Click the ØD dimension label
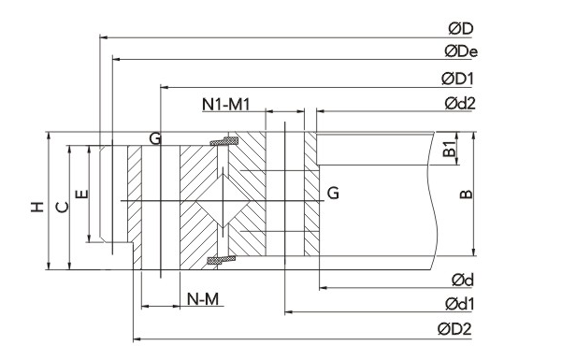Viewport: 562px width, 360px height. (x=461, y=29)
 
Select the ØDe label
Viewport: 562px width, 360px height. (x=461, y=51)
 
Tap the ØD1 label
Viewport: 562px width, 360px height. (x=457, y=79)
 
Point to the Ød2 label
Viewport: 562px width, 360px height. (x=460, y=104)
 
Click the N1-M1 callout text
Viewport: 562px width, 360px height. (x=225, y=105)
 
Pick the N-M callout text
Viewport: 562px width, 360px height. (x=203, y=298)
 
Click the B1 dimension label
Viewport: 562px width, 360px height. (x=449, y=149)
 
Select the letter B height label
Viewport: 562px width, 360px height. (x=466, y=194)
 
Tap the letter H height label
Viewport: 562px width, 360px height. (x=37, y=207)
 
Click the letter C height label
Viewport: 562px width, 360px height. (x=63, y=207)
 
